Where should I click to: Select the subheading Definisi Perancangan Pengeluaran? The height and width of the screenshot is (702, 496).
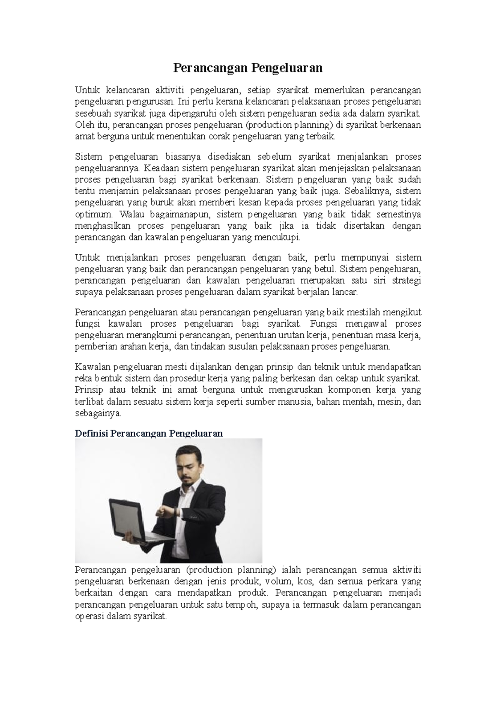tap(149, 433)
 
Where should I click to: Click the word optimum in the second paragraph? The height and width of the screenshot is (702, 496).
tap(93, 215)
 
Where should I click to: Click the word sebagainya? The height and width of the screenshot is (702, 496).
tap(98, 413)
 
